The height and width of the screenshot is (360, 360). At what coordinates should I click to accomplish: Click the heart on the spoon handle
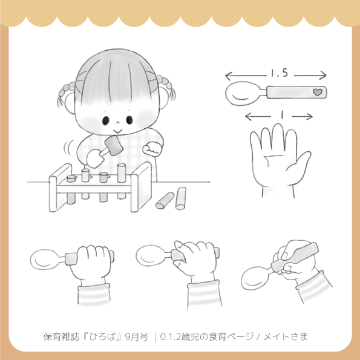pyautogui.click(x=318, y=93)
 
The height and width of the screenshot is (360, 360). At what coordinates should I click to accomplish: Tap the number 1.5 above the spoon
pyautogui.click(x=279, y=73)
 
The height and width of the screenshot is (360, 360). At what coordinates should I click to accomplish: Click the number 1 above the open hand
pyautogui.click(x=281, y=115)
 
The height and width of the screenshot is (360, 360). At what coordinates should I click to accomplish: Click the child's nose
pyautogui.click(x=117, y=122)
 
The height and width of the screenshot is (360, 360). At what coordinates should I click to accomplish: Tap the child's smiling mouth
pyautogui.click(x=117, y=131)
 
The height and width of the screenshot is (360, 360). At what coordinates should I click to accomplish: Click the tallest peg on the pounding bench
pyautogui.click(x=122, y=172)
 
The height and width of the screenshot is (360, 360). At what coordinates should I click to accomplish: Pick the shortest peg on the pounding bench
pyautogui.click(x=71, y=178)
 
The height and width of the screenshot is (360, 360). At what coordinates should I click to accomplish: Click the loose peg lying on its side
pyautogui.click(x=165, y=200)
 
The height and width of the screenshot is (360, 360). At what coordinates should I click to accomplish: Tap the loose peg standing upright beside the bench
pyautogui.click(x=181, y=198)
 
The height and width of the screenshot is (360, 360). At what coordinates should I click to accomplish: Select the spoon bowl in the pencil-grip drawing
pyautogui.click(x=255, y=278)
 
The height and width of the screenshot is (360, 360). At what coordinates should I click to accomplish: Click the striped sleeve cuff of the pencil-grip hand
pyautogui.click(x=314, y=286)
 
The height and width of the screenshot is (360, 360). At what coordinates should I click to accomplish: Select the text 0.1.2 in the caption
pyautogui.click(x=170, y=336)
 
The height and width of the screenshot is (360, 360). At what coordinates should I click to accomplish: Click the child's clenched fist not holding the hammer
pyautogui.click(x=151, y=149)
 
